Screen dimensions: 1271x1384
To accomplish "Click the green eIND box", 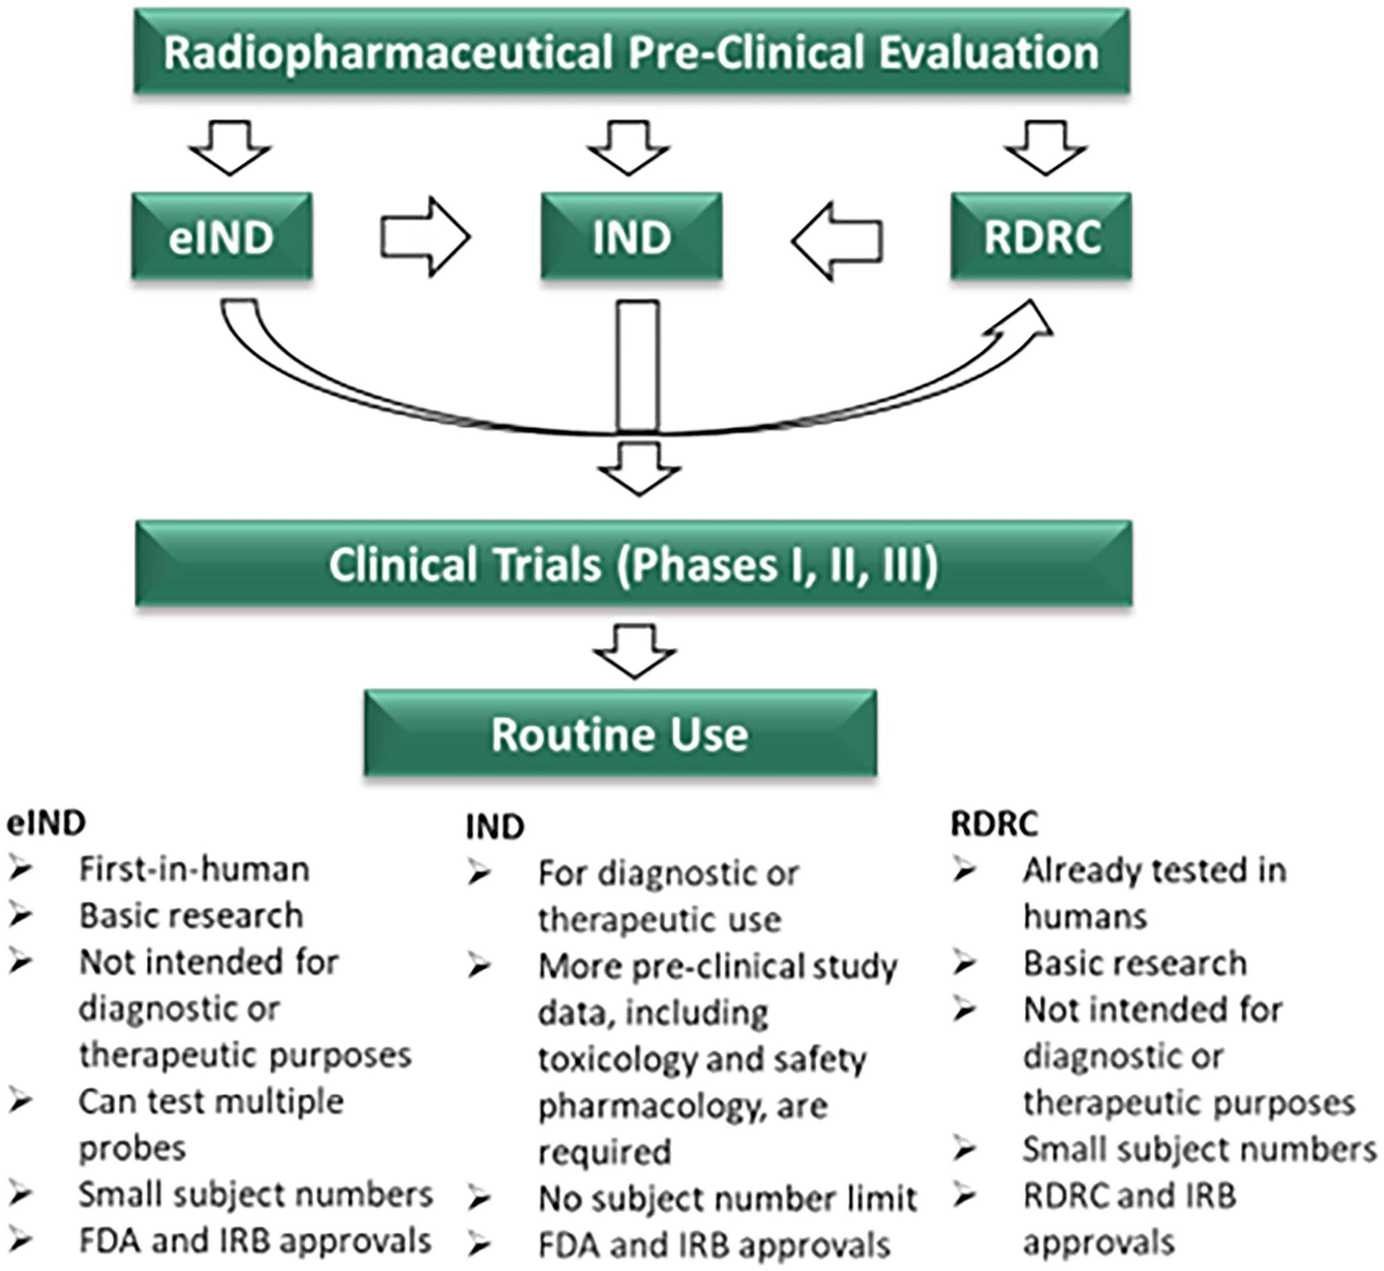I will click(221, 236).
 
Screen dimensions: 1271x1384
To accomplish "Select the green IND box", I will click(631, 236).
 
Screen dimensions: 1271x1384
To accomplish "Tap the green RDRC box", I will click(1041, 236).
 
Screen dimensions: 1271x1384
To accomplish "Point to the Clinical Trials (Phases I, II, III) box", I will click(633, 564).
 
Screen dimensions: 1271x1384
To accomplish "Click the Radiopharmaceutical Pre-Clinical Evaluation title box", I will click(631, 52).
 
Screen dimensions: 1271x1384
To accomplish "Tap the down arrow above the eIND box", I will click(230, 147).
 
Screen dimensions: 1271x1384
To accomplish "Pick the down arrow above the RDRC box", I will click(1045, 147).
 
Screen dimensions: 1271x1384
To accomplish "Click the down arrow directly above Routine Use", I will click(634, 650).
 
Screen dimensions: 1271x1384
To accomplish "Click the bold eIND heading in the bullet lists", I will click(46, 823).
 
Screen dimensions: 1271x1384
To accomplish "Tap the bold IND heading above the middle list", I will click(494, 827).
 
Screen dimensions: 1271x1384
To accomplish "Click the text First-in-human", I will click(194, 869).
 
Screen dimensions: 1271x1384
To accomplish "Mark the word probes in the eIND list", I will click(132, 1148).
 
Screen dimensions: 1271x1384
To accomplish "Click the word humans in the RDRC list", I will click(1085, 917).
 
